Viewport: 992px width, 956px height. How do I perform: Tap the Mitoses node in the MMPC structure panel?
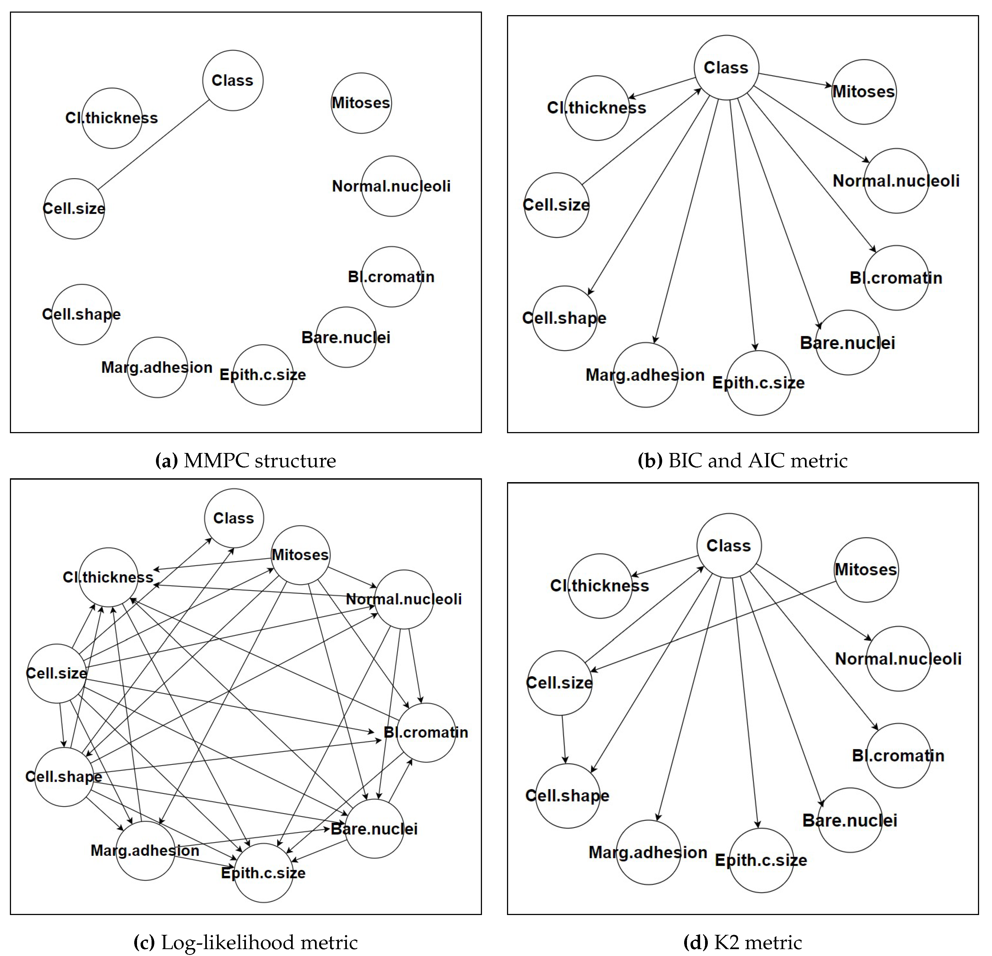[x=361, y=103]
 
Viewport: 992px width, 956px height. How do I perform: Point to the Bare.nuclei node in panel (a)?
[x=346, y=337]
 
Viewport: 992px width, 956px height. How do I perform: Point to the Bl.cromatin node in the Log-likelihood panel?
[x=426, y=732]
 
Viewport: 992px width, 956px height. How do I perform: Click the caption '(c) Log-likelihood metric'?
[x=245, y=942]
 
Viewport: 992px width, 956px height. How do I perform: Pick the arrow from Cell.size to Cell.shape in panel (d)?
[x=563, y=739]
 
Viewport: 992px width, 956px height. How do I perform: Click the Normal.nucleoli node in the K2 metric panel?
[x=898, y=659]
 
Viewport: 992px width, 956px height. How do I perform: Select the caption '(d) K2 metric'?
[x=742, y=942]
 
